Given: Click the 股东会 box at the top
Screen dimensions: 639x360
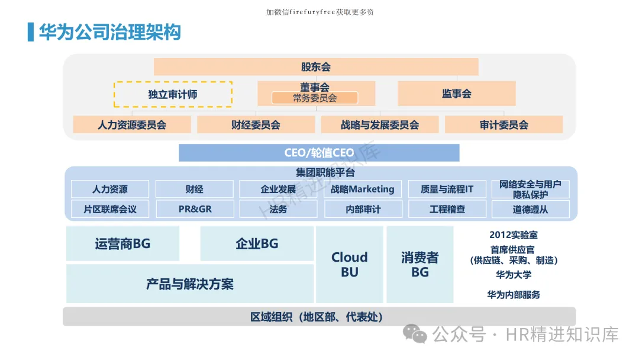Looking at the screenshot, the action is (316, 67).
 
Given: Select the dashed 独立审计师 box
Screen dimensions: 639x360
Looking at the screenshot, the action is (173, 94).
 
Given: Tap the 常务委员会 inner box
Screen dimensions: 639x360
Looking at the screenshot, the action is (315, 98).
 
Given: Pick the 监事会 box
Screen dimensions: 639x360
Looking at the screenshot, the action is (456, 94).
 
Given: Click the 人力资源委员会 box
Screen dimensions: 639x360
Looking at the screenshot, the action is (132, 125).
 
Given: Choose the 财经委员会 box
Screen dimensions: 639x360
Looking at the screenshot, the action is (256, 125).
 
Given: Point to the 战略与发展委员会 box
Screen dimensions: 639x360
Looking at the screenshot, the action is (380, 125).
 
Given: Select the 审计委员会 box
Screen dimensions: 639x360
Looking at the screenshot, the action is (504, 125).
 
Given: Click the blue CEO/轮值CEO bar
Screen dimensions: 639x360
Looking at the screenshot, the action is (319, 153).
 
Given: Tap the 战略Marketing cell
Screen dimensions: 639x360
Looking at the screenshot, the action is (362, 189).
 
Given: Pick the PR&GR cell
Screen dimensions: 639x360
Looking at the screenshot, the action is (195, 209).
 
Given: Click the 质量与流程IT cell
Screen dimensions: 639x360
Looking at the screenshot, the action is (447, 189).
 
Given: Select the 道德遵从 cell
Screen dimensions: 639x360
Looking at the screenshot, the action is (530, 209).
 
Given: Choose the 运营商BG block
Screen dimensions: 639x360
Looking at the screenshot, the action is (122, 243).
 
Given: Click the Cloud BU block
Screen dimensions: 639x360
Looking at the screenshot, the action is (349, 265).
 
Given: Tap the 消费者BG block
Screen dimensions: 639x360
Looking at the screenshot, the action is (420, 265).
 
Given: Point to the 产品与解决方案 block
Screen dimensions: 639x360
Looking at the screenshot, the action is (190, 284).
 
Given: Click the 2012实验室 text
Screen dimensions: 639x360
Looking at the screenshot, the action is (514, 235).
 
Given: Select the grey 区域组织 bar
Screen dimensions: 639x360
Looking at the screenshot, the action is (319, 317).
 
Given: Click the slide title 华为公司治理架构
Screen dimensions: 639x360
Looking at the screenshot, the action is (110, 32).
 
